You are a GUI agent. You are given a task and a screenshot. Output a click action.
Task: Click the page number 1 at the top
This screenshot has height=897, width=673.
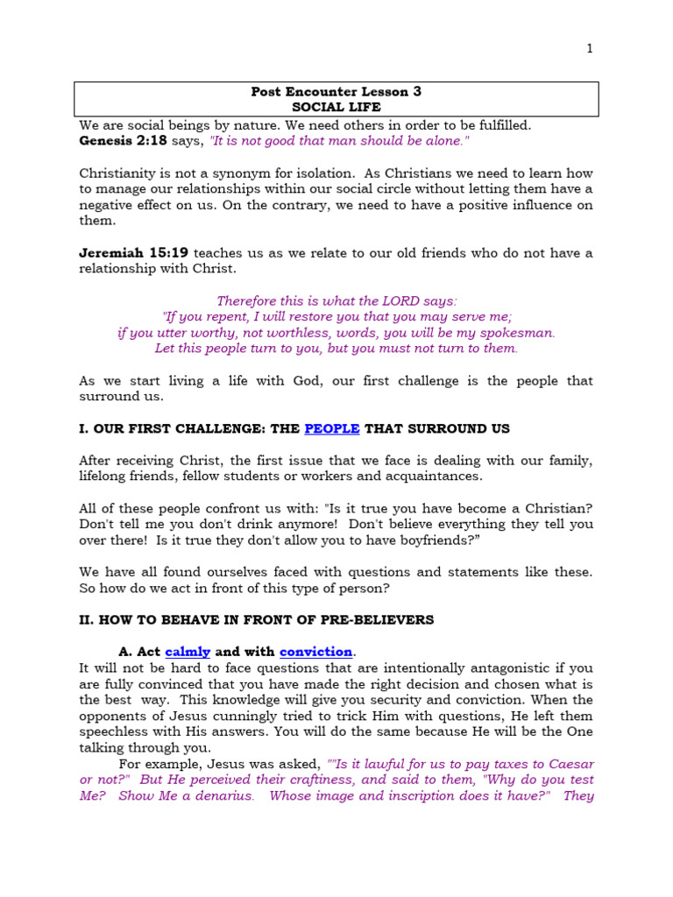coord(590,49)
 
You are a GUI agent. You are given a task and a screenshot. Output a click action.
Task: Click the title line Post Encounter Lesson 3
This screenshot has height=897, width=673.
coord(336,91)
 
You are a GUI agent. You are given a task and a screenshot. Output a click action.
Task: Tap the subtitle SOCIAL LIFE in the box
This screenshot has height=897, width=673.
coord(336,107)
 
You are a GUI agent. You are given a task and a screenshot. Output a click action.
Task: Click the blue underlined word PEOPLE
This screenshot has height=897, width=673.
coord(332,428)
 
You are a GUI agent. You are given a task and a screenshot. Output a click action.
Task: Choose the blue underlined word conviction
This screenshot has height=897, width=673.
coord(315,652)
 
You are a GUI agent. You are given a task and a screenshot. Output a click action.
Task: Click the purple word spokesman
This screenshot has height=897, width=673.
coord(517,333)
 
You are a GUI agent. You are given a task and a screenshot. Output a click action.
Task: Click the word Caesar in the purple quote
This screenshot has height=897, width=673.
coord(570,763)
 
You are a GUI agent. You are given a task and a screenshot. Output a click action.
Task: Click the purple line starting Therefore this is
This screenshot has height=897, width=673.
coord(336,300)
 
